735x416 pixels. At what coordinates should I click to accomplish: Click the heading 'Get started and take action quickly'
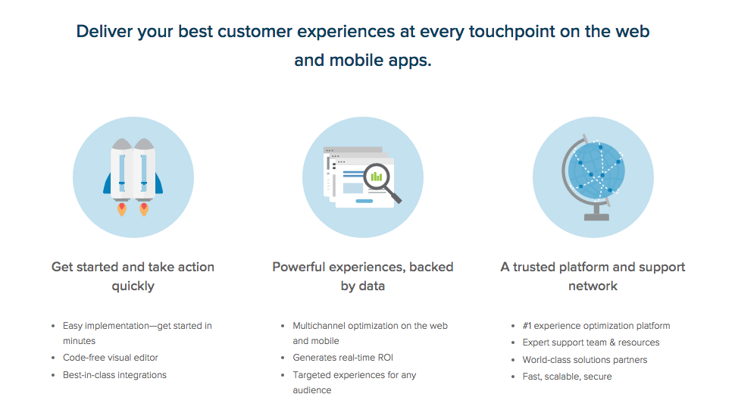(133, 277)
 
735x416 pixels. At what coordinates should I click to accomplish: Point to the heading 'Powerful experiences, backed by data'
(363, 277)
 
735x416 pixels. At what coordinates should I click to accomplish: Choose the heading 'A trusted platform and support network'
(593, 277)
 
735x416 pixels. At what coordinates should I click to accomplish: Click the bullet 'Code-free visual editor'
(111, 358)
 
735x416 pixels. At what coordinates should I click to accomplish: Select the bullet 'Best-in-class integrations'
(115, 375)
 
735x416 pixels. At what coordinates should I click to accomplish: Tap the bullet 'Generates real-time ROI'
(343, 358)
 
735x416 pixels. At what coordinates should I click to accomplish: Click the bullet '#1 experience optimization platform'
(596, 326)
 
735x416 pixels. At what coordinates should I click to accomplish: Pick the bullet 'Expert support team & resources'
(591, 342)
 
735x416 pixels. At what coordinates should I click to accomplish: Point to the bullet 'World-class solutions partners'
(585, 360)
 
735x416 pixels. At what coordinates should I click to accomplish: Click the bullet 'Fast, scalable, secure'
(568, 377)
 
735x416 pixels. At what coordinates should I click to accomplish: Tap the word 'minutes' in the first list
(80, 341)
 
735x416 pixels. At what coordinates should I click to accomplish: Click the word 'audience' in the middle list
(312, 390)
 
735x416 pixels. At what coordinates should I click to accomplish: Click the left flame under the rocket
(122, 209)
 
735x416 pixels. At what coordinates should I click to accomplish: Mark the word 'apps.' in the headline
(410, 61)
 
